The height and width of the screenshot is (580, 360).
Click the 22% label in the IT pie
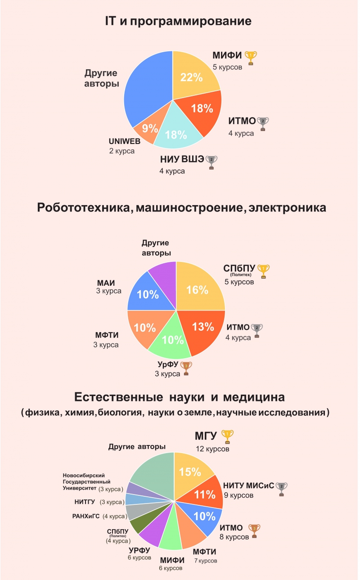point(191,77)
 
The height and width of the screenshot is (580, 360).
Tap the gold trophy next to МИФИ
point(250,58)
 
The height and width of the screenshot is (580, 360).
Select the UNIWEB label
point(125,141)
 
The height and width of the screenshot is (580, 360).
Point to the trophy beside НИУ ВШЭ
point(211,162)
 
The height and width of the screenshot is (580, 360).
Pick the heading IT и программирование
point(178,21)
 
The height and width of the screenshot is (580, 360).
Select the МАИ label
point(106,283)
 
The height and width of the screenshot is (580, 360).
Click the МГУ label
point(206,436)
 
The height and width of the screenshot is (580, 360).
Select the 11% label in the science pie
point(205,495)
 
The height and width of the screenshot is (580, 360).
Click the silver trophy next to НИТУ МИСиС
point(282,488)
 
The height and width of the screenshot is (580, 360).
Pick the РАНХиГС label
point(86,516)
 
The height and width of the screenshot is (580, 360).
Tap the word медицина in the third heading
point(256,398)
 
